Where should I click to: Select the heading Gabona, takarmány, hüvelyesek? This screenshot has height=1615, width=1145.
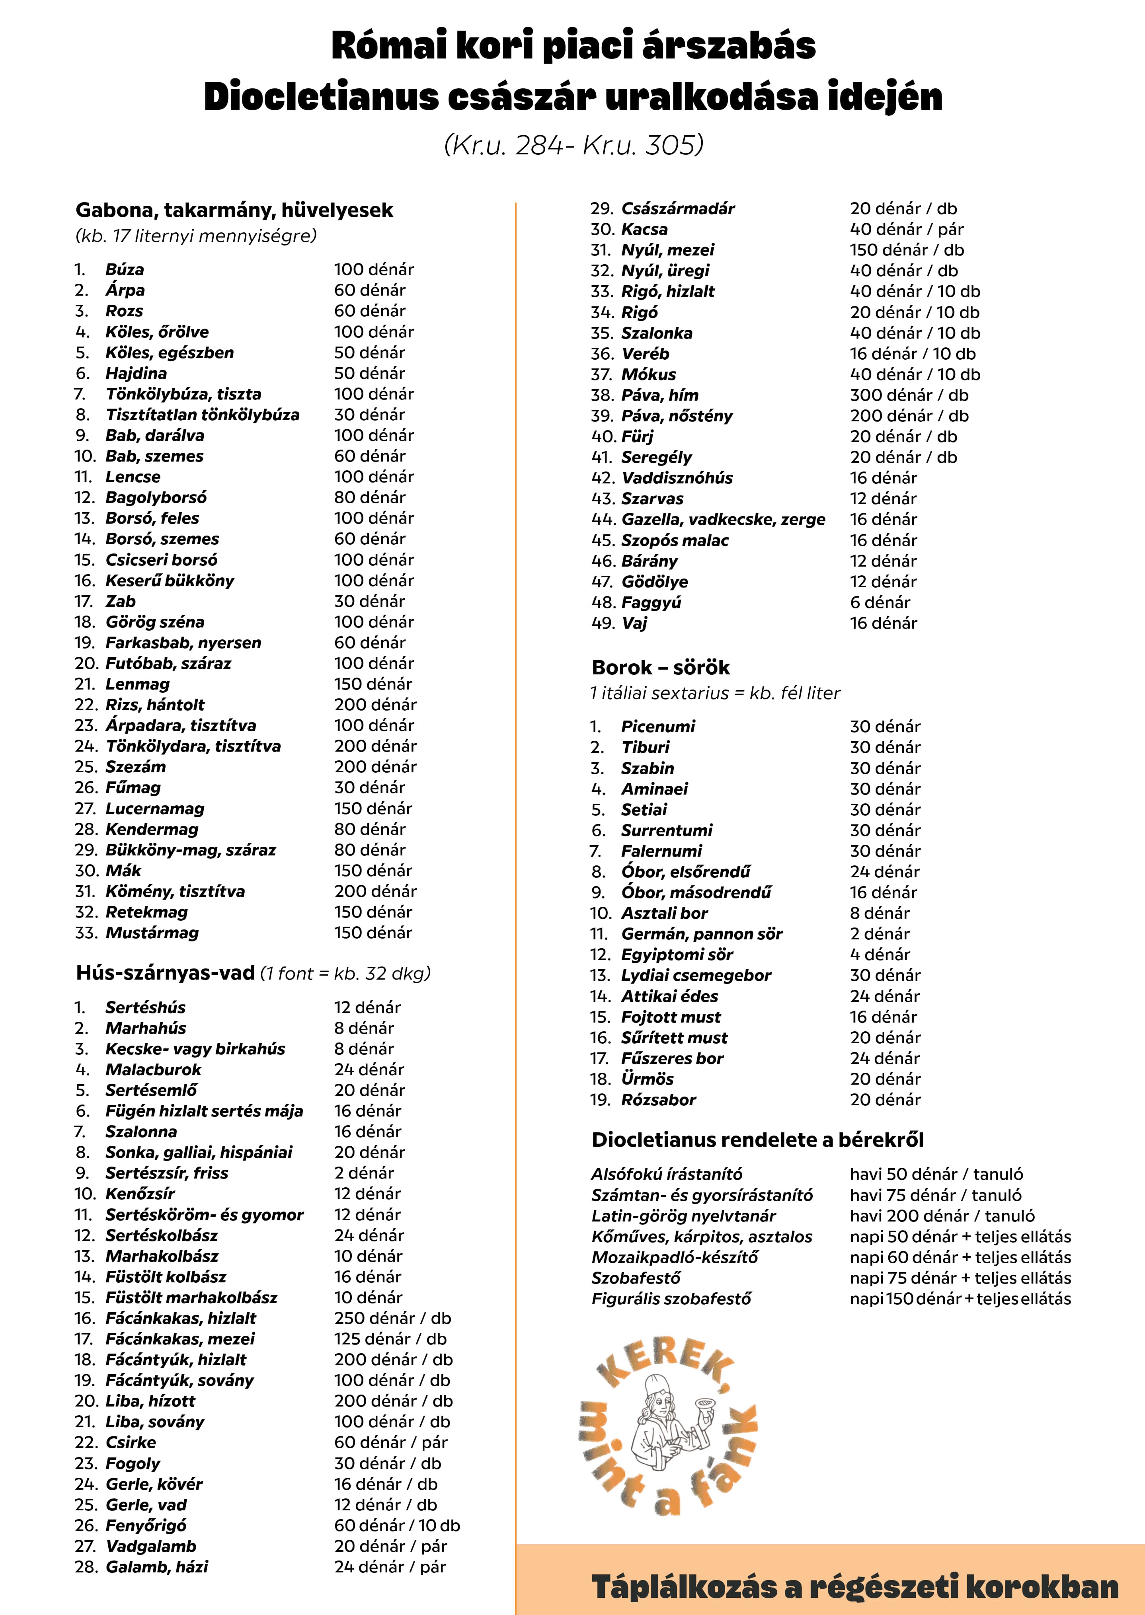click(x=234, y=210)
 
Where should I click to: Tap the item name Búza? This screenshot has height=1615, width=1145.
click(x=125, y=269)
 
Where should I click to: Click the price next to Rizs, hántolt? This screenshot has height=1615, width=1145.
click(x=375, y=704)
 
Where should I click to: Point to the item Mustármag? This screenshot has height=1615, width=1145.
click(x=152, y=933)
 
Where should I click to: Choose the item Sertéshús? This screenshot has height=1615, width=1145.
click(x=145, y=1007)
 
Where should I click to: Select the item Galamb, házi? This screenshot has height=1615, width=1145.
click(x=156, y=1566)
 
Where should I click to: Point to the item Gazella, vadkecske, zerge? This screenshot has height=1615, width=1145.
click(x=723, y=520)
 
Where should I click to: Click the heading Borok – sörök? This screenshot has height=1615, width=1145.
click(x=661, y=668)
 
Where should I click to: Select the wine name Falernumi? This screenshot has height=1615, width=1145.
click(x=661, y=851)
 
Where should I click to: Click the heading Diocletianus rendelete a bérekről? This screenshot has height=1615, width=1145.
click(x=757, y=1140)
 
